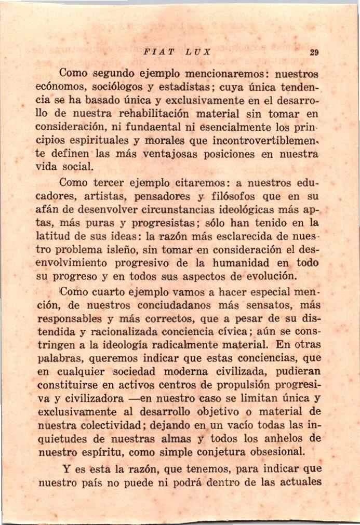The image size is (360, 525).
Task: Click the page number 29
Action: point(313,52)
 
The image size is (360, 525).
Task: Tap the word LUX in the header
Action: point(198,52)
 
